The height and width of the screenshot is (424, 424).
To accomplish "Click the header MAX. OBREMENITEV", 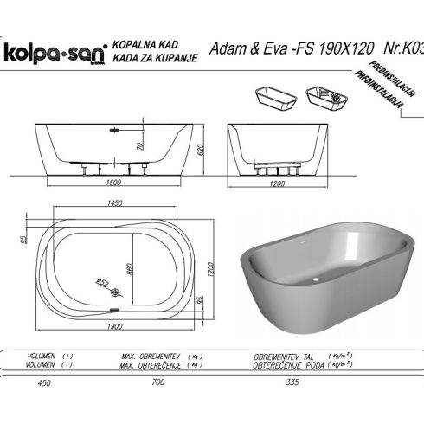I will pyautogui.click(x=150, y=355).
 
